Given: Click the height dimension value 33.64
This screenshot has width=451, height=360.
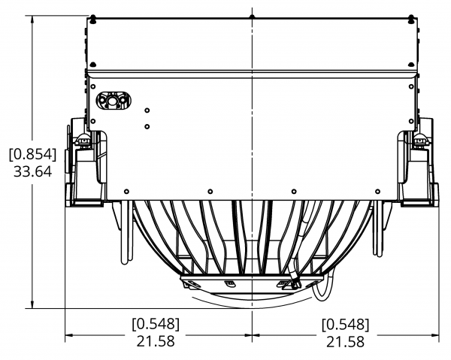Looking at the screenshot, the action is tap(33, 171).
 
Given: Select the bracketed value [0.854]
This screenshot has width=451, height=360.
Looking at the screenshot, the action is tap(33, 154).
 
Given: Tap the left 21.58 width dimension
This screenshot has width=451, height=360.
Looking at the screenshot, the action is tap(156, 341).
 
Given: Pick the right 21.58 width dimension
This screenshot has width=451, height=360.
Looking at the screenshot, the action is tap(345, 341).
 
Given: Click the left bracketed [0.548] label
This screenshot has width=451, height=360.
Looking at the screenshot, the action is tap(156, 324).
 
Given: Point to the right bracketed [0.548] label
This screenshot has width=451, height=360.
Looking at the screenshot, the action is tap(345, 324).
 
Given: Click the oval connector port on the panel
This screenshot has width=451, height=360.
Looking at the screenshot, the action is tap(114, 101).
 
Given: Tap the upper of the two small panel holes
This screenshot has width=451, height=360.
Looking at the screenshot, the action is tap(147, 110).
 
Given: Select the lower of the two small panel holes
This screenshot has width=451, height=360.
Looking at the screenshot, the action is tap(147, 126).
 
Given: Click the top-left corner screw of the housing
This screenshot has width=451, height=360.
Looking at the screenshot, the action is tap(92, 19).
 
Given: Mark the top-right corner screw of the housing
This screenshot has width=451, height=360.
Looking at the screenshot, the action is tap(412, 19).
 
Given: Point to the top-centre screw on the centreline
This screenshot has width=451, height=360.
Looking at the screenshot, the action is tap(253, 17).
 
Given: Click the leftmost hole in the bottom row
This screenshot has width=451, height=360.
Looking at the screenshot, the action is tap(126, 192).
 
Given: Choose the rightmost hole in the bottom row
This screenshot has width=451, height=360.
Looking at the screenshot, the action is tap(377, 192).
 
